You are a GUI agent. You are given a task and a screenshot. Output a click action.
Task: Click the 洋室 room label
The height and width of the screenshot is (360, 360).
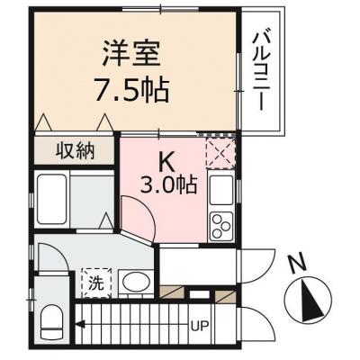131,54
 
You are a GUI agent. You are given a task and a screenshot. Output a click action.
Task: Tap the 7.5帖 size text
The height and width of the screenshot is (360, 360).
131,89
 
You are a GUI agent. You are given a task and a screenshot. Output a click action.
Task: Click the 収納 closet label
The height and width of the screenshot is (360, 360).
75,151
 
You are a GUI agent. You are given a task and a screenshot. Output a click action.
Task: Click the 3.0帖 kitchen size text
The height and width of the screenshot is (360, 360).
169,185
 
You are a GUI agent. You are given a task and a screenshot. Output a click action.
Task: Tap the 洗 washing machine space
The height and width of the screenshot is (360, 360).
97,283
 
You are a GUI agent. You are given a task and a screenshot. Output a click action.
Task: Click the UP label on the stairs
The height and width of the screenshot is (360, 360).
201,326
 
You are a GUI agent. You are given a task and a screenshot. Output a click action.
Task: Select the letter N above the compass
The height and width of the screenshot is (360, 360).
296,264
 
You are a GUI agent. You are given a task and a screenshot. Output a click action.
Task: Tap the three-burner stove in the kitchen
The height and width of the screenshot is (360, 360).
221,227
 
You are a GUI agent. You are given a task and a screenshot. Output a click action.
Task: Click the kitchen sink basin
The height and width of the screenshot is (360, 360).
221,190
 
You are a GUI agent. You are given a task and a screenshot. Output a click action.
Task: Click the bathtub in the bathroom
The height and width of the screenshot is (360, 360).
52,199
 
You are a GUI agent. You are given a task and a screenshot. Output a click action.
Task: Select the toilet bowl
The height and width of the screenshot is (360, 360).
51,321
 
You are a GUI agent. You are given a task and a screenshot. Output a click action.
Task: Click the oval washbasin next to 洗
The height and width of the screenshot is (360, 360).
137,283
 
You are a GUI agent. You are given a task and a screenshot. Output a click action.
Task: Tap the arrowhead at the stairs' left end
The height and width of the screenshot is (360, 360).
79,324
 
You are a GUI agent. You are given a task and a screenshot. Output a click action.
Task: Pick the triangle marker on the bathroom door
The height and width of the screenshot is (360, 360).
106,220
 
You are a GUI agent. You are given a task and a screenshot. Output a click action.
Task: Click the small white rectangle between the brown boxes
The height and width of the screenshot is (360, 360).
199,294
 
